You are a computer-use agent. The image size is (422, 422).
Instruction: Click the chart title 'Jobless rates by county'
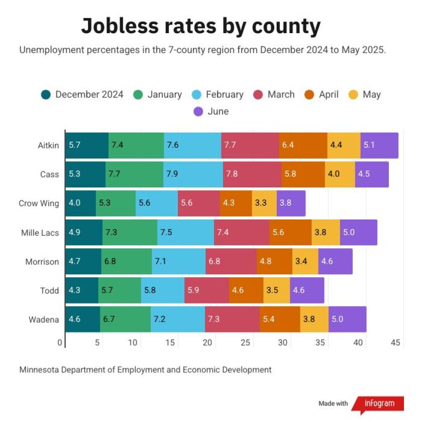(x=200, y=26)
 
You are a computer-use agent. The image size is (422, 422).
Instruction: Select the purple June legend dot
(x=198, y=112)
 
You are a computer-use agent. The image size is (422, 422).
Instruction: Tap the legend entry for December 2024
(x=82, y=94)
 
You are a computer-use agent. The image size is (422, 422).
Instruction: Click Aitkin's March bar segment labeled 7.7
(x=250, y=146)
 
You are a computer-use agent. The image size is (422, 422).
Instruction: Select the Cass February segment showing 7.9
(x=193, y=174)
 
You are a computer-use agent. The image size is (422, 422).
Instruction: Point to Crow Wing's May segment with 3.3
(x=264, y=203)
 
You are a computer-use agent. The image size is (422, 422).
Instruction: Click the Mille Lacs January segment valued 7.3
(x=130, y=233)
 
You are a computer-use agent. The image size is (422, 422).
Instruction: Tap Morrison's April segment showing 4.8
(x=274, y=261)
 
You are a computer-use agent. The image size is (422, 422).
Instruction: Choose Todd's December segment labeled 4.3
(x=82, y=290)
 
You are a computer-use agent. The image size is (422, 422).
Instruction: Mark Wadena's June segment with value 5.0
(x=347, y=320)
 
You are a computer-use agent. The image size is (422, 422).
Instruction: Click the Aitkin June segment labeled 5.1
(x=379, y=146)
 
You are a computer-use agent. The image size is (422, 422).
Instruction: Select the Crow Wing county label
(x=39, y=203)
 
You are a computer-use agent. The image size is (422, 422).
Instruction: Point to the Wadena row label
(x=45, y=320)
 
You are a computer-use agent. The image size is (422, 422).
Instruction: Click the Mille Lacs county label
(x=40, y=233)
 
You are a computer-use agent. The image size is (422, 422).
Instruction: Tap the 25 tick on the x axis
(x=245, y=343)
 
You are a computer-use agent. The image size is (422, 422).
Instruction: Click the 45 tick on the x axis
(x=395, y=343)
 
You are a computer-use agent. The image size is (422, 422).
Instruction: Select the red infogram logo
(x=377, y=403)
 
